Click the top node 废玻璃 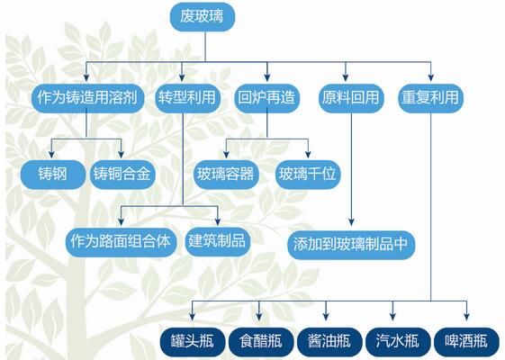pos(203,17)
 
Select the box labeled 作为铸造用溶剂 pos(87,98)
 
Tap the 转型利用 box pos(187,98)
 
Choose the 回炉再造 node pos(267,98)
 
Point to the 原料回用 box pos(351,98)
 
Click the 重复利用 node pos(430,98)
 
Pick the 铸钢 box pos(53,175)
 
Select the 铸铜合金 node pos(122,175)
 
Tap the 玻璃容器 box pos(226,175)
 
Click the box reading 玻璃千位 pos(308,175)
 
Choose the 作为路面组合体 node pos(121,242)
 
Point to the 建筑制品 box pos(218,242)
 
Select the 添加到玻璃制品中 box pos(351,245)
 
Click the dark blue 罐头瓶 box pos(193,342)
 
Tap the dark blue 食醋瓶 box pos(261,342)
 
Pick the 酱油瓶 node pos(329,342)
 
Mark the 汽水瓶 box pos(398,342)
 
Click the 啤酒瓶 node pos(466,342)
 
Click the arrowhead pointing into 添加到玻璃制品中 pos(351,221)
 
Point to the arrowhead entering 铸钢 pos(51,154)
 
